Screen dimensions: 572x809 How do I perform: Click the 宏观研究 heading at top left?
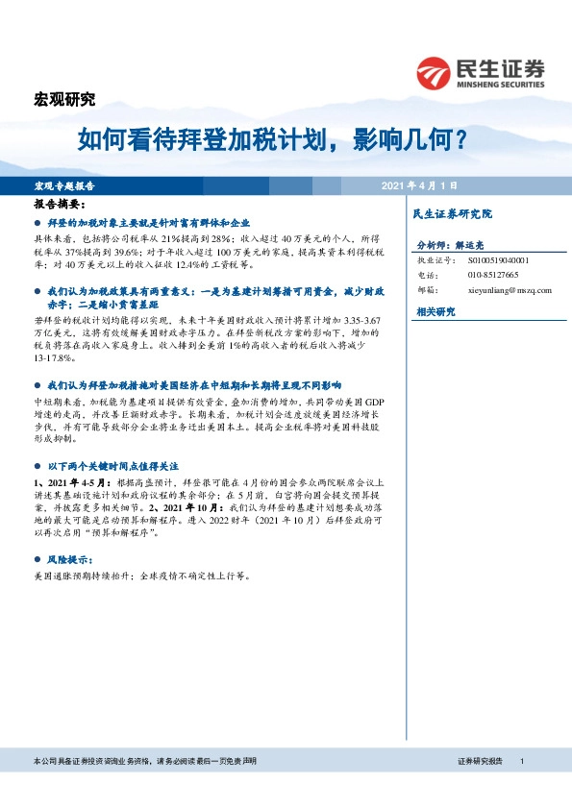64,99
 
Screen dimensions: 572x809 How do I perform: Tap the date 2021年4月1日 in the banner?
417,184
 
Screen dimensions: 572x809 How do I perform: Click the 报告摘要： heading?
60,205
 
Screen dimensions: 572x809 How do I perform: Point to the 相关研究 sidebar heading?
435,312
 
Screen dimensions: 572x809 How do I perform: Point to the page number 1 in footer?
520,761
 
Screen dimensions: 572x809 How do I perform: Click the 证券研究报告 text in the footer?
480,761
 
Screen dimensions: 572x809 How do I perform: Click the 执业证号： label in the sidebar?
436,259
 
